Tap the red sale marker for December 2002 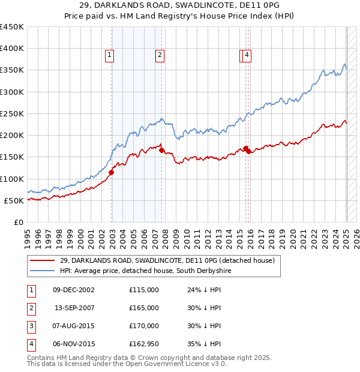tap(112, 172)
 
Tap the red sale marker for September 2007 tap(162, 151)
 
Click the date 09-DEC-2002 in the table tap(74, 290)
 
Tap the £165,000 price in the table tap(144, 308)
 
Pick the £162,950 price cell tap(144, 344)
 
